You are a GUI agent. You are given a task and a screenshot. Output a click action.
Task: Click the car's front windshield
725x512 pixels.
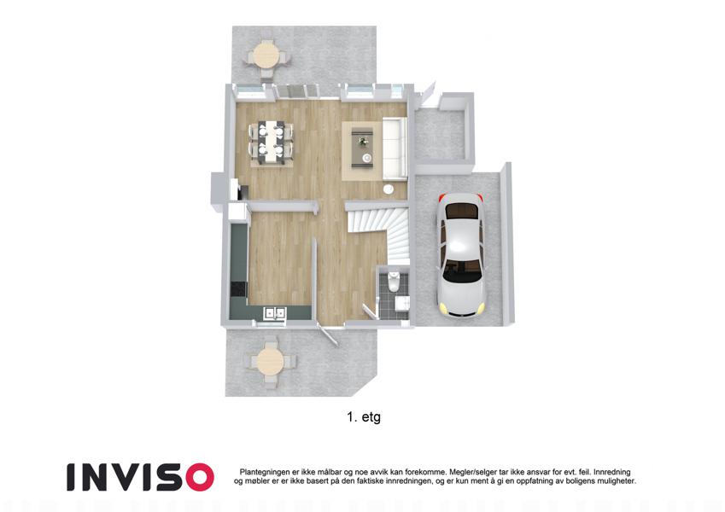pos(462,271)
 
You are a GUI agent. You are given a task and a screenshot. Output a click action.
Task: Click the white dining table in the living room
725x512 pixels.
pos(271,142)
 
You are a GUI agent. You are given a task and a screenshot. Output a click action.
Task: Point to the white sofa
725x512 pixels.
pos(395,148)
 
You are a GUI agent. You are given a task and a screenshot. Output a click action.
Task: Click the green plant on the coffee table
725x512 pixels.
pos(362,139)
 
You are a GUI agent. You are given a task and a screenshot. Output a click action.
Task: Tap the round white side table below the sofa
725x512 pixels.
pos(389,189)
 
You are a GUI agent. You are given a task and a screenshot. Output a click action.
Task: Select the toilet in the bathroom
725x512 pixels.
pos(395,282)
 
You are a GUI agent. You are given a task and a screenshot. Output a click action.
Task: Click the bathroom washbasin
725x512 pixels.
pos(402,304)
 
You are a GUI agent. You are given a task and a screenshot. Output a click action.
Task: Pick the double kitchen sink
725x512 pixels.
pos(274,313)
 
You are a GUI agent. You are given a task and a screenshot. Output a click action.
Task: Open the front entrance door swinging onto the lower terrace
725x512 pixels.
pos(329,335)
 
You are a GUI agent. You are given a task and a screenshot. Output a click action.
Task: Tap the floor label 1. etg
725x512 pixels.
pos(364,416)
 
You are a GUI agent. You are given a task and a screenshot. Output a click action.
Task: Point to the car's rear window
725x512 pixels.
pos(461,211)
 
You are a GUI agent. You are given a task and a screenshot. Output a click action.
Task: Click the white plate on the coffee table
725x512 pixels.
pos(367,158)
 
